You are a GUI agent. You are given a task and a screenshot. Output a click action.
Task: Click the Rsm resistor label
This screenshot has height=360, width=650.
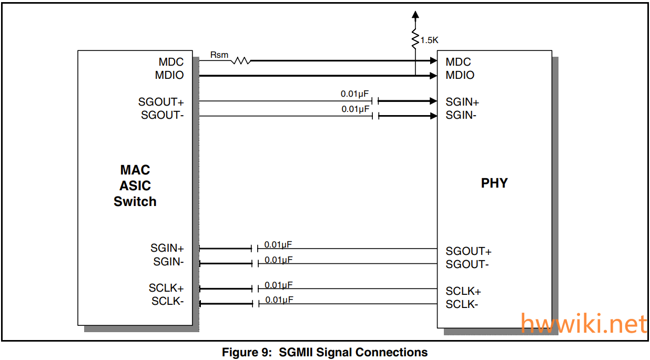click(219, 54)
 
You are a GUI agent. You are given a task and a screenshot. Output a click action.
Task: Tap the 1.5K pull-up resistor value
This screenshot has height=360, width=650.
click(429, 40)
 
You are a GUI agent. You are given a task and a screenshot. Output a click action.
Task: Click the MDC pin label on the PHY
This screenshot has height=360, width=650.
click(458, 62)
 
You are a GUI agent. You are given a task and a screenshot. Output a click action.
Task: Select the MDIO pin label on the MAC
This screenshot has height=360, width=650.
click(169, 75)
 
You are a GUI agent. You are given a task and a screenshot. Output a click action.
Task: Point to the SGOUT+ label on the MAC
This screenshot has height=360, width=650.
click(161, 102)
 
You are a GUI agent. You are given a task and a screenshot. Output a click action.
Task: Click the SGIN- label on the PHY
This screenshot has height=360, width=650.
click(461, 115)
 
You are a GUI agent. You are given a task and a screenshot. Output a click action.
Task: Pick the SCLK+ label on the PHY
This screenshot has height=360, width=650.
click(463, 291)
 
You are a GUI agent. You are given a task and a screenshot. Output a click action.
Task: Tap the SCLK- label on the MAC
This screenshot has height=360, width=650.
click(168, 301)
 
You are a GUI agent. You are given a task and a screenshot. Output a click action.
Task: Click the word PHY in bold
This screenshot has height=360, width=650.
click(494, 183)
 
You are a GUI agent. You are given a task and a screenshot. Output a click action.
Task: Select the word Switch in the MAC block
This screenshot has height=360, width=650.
click(135, 201)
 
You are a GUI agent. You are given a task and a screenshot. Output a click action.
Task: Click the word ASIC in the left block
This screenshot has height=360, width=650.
click(135, 186)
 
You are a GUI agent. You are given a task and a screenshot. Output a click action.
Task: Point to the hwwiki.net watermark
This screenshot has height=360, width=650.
click(584, 324)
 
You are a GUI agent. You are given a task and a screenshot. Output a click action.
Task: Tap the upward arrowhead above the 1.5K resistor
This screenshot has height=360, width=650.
click(415, 15)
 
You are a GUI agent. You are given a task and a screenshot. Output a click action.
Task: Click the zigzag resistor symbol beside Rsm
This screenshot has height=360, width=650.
click(241, 61)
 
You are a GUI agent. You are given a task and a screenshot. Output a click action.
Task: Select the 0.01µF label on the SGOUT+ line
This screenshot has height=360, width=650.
click(355, 94)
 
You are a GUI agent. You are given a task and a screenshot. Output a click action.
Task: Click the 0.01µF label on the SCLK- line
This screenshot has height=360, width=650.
click(279, 300)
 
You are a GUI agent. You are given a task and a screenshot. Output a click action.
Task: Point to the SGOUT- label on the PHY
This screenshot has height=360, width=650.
click(467, 264)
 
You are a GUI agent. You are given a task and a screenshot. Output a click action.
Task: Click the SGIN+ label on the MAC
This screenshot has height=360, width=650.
click(167, 248)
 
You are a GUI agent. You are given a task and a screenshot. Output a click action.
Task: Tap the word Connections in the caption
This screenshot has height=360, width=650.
click(391, 352)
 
